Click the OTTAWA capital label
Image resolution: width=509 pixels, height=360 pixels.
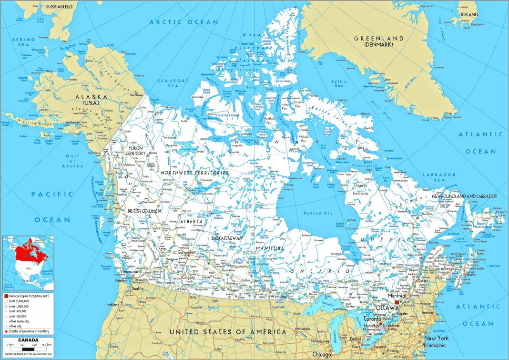click(386, 308)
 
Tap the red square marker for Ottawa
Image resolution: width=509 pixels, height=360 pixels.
click(397, 302)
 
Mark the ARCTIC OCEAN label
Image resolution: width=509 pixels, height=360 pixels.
click(183, 22)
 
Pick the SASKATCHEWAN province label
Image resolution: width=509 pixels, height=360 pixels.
click(228, 238)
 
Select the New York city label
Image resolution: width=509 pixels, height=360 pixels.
click(436, 338)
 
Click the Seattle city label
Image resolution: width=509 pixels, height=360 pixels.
click(138, 288)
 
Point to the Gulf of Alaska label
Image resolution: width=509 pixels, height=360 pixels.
click(72, 161)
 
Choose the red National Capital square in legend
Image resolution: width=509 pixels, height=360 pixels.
click(6, 297)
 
